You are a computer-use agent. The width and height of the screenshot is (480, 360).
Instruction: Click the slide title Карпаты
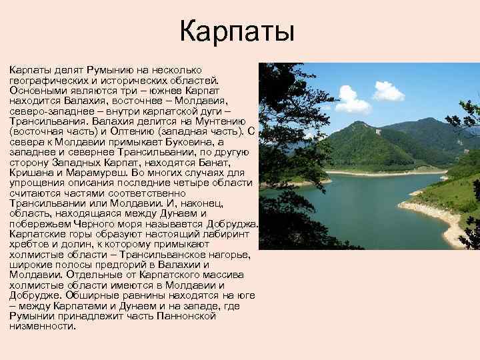[237, 32]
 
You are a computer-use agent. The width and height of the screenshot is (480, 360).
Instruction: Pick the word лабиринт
[224, 235]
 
